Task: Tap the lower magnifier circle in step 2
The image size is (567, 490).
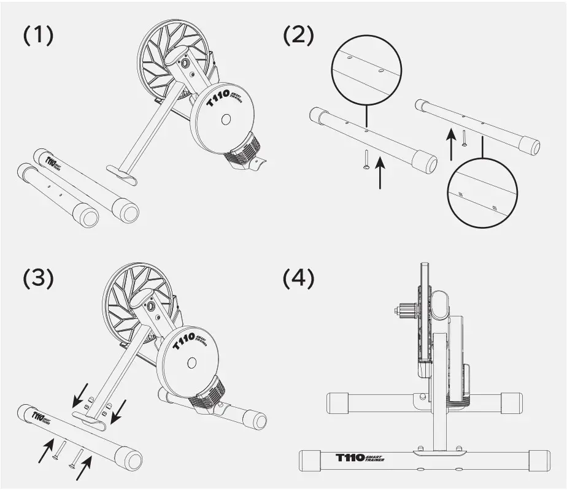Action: [x=483, y=195]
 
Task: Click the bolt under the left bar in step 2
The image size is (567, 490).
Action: [x=366, y=159]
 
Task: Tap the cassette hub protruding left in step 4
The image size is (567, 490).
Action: [x=405, y=310]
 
